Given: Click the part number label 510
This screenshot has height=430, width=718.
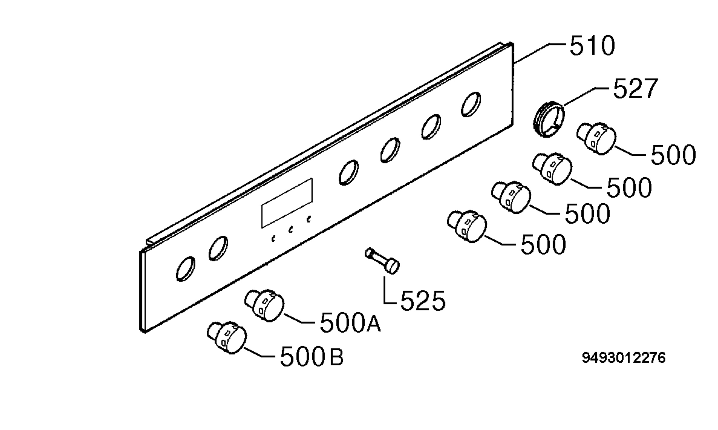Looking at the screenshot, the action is coord(592,46).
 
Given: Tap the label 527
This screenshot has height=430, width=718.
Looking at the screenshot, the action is coord(636,88).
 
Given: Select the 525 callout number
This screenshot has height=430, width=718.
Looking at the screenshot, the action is coord(423,301).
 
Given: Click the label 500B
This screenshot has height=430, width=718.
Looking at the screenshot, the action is coord(312,356).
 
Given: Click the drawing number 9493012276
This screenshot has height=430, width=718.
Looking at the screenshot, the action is coord(624,358).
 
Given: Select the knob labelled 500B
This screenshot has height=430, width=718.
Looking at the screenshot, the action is coord(227,338).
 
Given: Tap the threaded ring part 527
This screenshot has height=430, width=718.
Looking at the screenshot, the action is coord(549,119).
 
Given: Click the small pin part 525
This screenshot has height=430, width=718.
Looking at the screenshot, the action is coord(382,261).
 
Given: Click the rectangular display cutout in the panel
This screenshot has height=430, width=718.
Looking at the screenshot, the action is coord(287,203).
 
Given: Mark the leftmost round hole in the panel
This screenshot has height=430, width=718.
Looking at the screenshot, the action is coord(186,269).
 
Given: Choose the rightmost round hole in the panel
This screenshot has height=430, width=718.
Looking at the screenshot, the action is coord(471,104).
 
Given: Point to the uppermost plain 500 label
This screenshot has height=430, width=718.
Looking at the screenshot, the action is coord(673,155).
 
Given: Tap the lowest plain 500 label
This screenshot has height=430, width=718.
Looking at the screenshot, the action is coord(543,244).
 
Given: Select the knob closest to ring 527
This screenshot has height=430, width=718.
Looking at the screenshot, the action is coord(596,138).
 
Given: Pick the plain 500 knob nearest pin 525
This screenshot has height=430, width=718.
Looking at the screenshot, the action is coord(467,226).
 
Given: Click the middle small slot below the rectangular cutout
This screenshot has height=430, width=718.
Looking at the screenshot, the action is coord(290,230).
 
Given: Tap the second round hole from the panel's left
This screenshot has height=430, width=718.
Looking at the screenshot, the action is coord(218,248).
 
